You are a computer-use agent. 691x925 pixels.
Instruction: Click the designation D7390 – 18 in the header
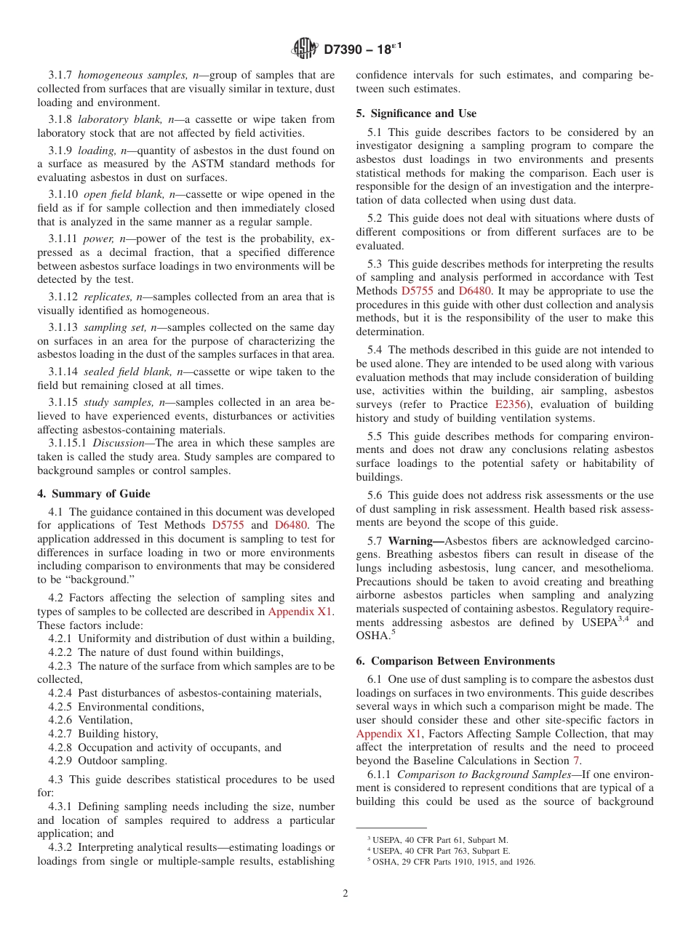coord(362,49)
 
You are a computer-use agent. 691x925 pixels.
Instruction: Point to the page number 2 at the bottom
coord(345,894)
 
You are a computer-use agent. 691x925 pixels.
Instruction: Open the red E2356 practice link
coord(511,404)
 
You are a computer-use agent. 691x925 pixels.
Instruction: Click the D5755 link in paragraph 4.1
coord(228,525)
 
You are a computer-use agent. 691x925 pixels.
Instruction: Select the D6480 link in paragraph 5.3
coord(475,291)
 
